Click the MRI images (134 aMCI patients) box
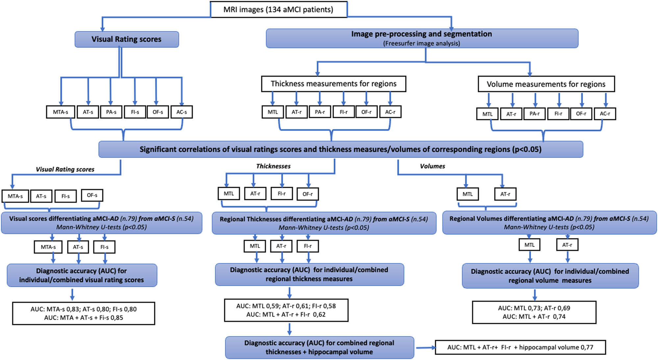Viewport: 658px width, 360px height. click(x=278, y=10)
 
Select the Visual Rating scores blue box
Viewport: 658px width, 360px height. click(x=127, y=39)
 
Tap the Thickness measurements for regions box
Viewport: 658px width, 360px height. click(x=333, y=84)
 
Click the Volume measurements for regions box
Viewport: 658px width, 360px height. click(x=546, y=84)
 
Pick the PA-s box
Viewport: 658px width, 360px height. click(x=111, y=112)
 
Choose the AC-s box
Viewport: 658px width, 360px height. click(x=182, y=112)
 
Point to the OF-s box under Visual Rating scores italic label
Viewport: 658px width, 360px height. click(x=92, y=195)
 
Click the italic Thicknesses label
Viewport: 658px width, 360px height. click(x=273, y=166)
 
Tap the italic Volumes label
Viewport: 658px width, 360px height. click(x=432, y=166)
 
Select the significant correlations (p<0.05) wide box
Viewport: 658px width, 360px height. click(x=341, y=150)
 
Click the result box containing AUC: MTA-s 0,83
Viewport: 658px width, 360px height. click(x=84, y=313)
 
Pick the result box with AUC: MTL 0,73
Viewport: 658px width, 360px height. click(x=534, y=312)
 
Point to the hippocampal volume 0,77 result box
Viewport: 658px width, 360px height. click(x=520, y=348)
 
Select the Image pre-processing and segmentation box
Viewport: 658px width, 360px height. click(x=422, y=38)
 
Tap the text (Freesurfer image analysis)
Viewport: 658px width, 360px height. click(x=421, y=43)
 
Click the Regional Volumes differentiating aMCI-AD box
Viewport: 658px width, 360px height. click(x=549, y=223)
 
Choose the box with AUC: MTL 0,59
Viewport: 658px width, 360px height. click(x=286, y=310)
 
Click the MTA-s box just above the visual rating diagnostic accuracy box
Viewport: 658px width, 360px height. click(x=48, y=247)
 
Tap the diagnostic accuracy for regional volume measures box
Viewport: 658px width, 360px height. click(x=550, y=276)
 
